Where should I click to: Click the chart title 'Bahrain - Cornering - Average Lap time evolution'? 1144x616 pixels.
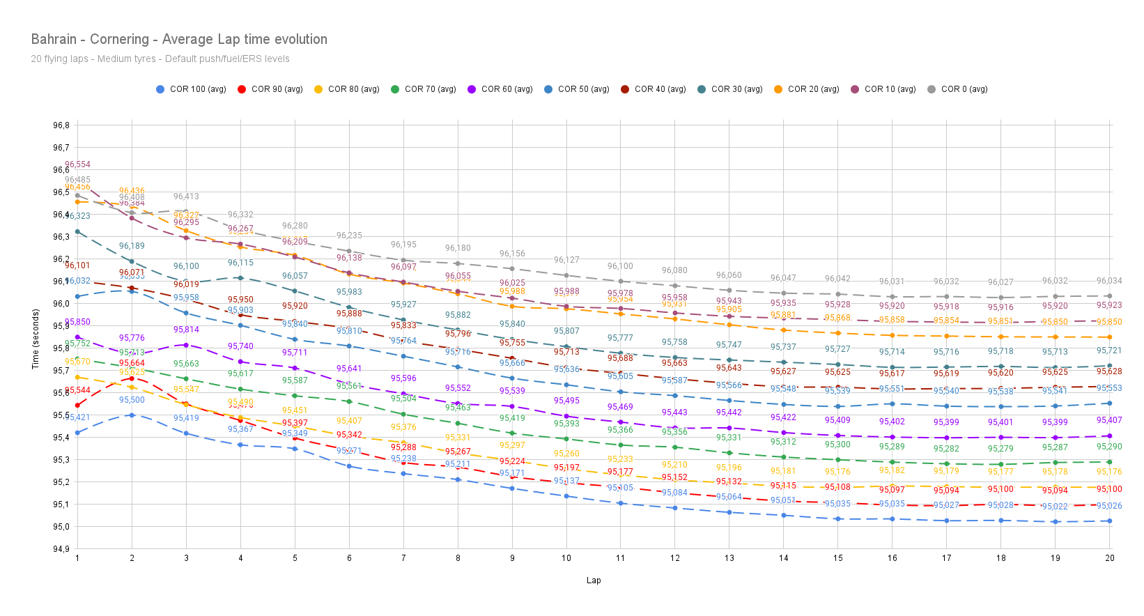(x=179, y=40)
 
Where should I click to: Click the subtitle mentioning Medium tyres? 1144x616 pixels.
(x=160, y=59)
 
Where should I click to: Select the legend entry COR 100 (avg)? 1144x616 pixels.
(x=192, y=89)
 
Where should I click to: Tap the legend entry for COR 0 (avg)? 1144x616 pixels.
(x=957, y=89)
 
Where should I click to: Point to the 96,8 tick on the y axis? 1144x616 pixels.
(x=61, y=125)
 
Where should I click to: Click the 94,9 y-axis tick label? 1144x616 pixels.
(x=61, y=549)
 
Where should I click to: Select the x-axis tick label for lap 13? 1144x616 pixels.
(x=729, y=558)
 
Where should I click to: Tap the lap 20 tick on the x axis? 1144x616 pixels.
(x=1109, y=558)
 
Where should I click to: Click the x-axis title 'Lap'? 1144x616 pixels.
(x=593, y=580)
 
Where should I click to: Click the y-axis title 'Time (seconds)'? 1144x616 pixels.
(x=36, y=339)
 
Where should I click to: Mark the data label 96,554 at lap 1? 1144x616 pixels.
(x=77, y=165)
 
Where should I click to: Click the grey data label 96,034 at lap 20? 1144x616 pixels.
(x=1109, y=282)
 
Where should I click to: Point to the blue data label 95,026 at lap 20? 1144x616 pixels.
(x=1109, y=507)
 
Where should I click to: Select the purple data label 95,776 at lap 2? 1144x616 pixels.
(x=132, y=339)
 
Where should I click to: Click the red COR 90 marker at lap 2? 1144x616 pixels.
(x=132, y=378)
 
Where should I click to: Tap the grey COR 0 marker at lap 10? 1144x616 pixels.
(x=566, y=275)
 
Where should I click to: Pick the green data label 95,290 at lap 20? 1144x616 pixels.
(x=1109, y=447)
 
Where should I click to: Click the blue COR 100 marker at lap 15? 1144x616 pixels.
(x=837, y=519)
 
